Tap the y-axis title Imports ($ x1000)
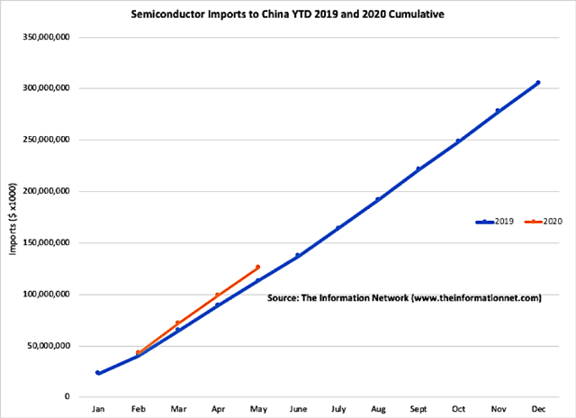point(15,216)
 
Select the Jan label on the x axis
point(97,409)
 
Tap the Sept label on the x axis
point(418,409)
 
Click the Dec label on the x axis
point(538,409)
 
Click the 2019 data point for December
point(538,83)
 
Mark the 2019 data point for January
point(97,373)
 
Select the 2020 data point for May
point(257,267)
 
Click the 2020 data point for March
point(177,323)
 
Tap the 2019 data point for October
point(458,141)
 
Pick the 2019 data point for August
point(378,199)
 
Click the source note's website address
point(475,297)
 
